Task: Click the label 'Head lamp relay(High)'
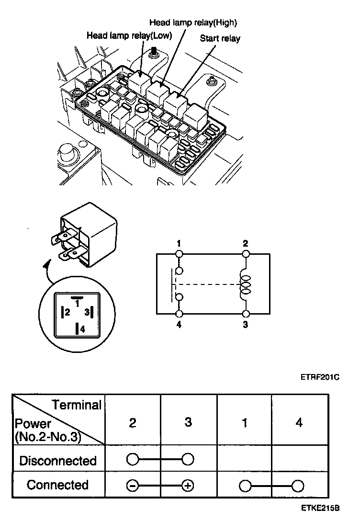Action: pyautogui.click(x=193, y=23)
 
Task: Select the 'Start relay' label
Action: pyautogui.click(x=220, y=38)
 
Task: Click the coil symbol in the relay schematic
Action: pyautogui.click(x=245, y=284)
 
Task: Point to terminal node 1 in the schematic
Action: pyautogui.click(x=179, y=253)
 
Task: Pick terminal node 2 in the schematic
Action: pyautogui.click(x=245, y=253)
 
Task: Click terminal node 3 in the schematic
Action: pyautogui.click(x=245, y=314)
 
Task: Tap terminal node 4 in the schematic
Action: pyautogui.click(x=179, y=314)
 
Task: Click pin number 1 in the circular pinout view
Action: pyautogui.click(x=77, y=303)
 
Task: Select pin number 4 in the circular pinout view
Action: pyautogui.click(x=82, y=329)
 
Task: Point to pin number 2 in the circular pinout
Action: pyautogui.click(x=68, y=313)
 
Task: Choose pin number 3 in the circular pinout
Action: pyautogui.click(x=87, y=313)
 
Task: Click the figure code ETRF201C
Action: pyautogui.click(x=320, y=377)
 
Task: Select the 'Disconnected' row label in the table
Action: pyautogui.click(x=57, y=461)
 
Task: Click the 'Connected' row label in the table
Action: pyautogui.click(x=57, y=485)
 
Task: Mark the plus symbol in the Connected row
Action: pyautogui.click(x=188, y=486)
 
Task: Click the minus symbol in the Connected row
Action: pyautogui.click(x=133, y=486)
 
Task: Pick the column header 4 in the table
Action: pyautogui.click(x=299, y=423)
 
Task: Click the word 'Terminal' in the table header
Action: pyautogui.click(x=77, y=405)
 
